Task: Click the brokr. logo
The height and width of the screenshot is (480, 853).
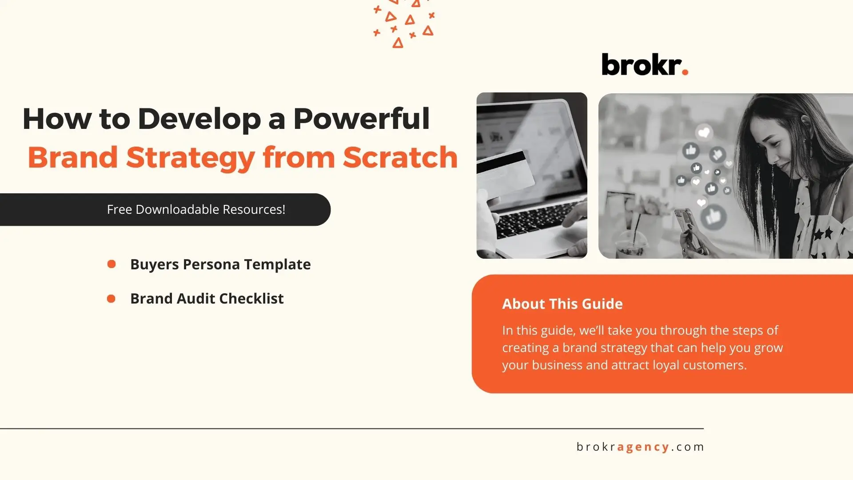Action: click(x=645, y=64)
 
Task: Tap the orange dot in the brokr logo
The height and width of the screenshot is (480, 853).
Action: click(x=685, y=72)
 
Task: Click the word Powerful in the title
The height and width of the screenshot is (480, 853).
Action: click(x=361, y=119)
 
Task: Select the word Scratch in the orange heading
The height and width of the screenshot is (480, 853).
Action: click(x=400, y=157)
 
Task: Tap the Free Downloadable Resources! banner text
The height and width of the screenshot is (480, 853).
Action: click(x=196, y=209)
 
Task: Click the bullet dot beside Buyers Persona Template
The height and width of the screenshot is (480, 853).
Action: click(x=112, y=264)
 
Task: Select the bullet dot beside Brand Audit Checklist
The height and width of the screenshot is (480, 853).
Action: click(x=111, y=299)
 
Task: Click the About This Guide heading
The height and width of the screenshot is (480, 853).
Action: click(x=562, y=304)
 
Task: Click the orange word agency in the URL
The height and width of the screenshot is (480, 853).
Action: click(x=643, y=447)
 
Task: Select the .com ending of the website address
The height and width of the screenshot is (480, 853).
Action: click(x=688, y=447)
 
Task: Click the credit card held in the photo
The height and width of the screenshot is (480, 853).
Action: click(x=506, y=173)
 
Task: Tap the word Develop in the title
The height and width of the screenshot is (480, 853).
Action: click(x=199, y=119)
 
